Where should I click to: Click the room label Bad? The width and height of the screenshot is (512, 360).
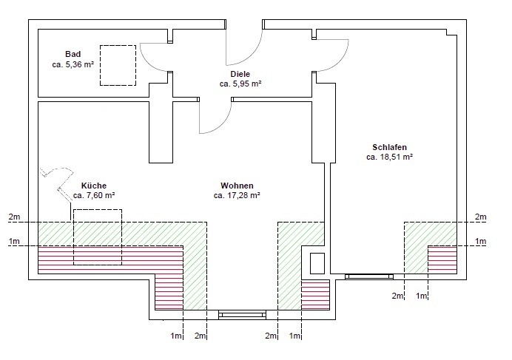point(73,54)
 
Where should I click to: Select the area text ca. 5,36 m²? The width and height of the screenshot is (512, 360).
point(73,64)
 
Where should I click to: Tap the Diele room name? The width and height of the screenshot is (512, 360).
point(240,74)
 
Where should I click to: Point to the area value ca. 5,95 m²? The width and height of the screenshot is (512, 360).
point(240,84)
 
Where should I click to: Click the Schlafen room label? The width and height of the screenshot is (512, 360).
point(390,147)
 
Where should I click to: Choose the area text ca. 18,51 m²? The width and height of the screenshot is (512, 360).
point(390,157)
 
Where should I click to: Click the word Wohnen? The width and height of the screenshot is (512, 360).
point(237,186)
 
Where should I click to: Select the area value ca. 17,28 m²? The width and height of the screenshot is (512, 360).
point(237,195)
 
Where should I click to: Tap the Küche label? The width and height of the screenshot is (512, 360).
point(94,186)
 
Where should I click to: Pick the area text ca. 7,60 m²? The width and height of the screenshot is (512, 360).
point(94,195)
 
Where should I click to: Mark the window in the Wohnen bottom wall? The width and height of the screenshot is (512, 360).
point(242,315)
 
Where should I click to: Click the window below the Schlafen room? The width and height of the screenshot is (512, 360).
point(369,276)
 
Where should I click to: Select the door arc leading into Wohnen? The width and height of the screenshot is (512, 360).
point(223,123)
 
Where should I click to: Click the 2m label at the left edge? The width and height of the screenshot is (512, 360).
point(14,217)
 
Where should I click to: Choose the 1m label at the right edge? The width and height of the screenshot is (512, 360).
point(481,241)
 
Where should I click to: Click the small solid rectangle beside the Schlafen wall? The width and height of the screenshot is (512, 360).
point(317,263)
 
